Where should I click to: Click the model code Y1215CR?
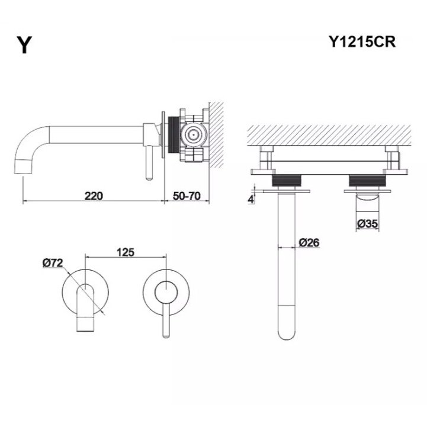coord(361,42)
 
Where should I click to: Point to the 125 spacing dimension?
coord(126,252)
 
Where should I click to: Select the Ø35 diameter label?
coord(368,223)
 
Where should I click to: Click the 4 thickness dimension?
coord(251,199)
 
